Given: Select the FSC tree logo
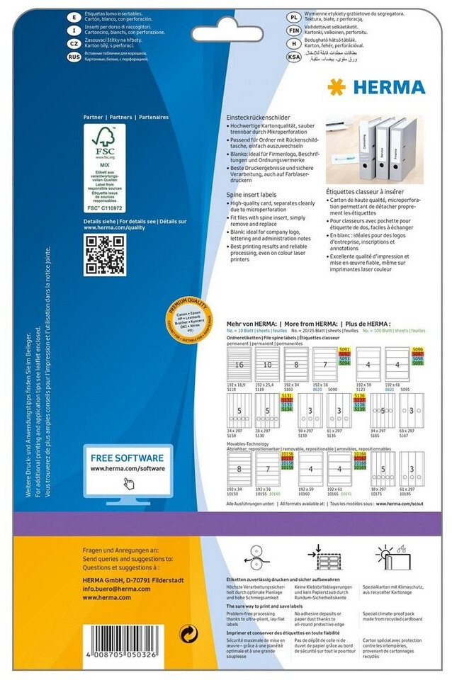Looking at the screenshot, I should [103, 142].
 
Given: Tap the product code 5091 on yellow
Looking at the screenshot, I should [346, 350].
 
